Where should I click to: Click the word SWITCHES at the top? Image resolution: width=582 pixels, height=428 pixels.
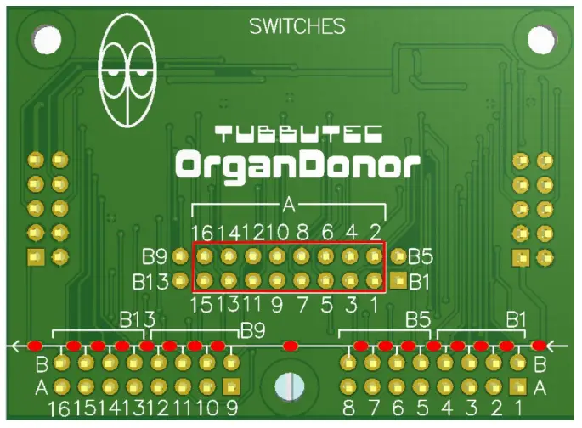coord(297,26)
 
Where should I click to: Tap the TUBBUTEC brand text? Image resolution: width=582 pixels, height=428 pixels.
coord(298,133)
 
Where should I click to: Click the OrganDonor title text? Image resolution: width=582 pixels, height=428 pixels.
coord(297,165)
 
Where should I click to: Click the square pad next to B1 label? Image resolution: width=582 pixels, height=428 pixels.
coord(398,280)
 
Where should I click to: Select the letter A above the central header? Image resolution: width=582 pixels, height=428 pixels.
coord(288,205)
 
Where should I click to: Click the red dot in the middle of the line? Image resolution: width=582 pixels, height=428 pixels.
coord(291,346)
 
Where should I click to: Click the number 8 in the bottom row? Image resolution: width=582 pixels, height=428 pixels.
coord(348,408)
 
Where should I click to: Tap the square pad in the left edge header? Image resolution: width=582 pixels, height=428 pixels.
coord(36,256)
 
